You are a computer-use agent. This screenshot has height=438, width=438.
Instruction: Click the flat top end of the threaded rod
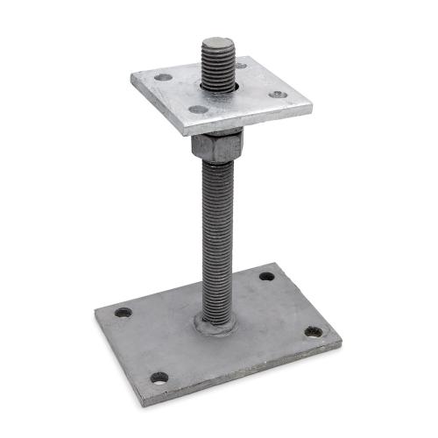(216, 43)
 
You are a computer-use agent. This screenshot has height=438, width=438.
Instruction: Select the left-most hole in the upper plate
(164, 77)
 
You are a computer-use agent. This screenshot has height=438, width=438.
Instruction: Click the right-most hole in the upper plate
(277, 94)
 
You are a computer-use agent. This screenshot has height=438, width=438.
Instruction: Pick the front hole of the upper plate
(199, 109)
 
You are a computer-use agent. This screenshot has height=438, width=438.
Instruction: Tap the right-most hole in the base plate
(313, 332)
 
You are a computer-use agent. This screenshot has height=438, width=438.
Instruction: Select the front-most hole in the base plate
(159, 378)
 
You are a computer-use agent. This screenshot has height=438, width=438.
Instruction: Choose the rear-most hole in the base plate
(266, 276)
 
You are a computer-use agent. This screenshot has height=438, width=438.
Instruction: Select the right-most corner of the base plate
(341, 343)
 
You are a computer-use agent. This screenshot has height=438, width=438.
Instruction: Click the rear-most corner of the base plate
(274, 262)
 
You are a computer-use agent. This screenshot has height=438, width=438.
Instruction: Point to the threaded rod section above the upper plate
(216, 66)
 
